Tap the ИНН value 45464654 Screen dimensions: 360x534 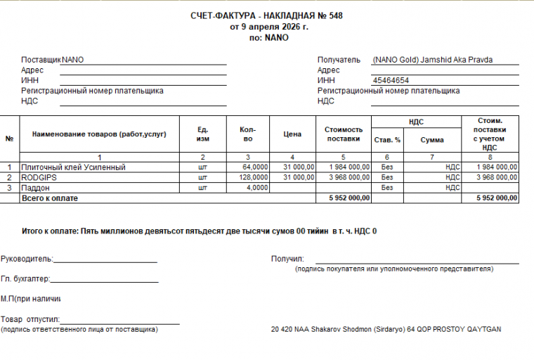pos(391,81)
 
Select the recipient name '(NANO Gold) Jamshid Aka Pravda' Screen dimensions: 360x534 pos(433,60)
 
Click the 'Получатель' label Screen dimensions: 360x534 pos(339,60)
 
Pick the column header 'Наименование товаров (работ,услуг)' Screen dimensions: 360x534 pos(99,134)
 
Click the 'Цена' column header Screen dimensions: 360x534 pos(292,134)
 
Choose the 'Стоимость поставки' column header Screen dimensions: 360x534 pos(344,134)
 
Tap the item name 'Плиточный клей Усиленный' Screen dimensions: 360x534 pos(74,167)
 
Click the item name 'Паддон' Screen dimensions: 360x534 pos(37,188)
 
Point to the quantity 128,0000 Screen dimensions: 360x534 pos(254,178)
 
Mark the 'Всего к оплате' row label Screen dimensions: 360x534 pos(50,199)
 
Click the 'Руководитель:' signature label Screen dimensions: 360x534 pos(27,259)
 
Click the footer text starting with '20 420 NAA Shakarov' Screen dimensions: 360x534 pos(386,329)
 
